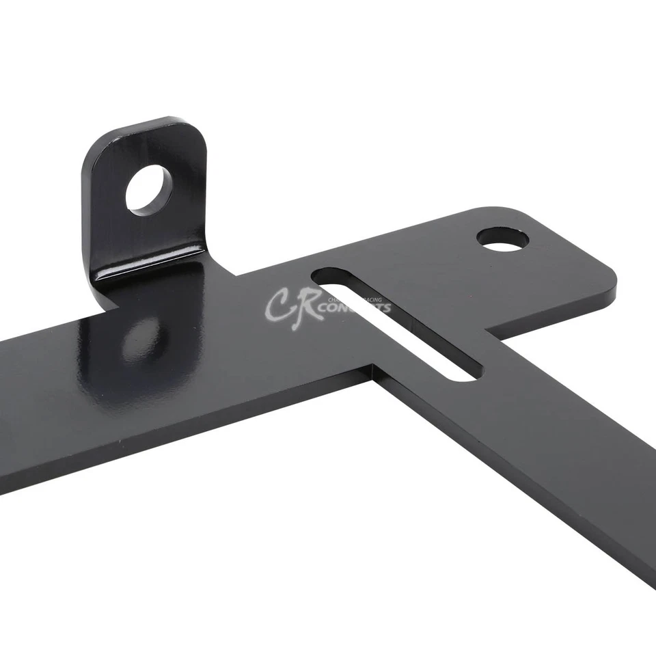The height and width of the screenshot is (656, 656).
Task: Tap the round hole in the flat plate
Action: pos(503,239)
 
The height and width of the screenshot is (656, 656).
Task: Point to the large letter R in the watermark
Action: pos(304,311)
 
